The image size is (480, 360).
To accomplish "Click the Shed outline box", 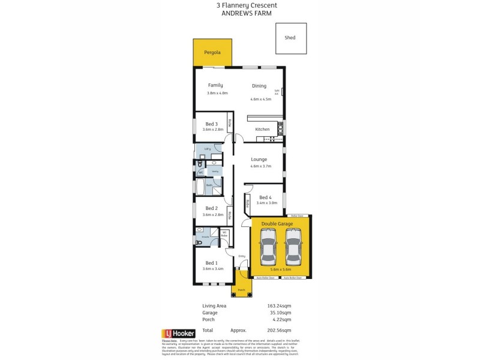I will coord(290,39).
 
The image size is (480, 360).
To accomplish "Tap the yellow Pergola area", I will coord(212,53).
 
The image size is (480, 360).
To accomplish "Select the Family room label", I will coord(215,85).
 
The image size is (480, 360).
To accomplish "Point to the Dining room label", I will coord(259,86).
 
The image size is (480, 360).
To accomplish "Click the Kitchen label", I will coord(262,130).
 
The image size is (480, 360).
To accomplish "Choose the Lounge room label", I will coord(259,160).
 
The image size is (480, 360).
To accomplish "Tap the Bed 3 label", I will coord(211,124).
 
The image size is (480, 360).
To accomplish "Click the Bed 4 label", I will coord(266,197).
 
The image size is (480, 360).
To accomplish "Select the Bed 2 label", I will coord(211,209).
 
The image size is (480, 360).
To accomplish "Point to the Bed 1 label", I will coord(211,263).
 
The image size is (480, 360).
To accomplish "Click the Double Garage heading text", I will coord(277,224).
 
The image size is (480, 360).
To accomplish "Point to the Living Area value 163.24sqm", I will coord(279,306).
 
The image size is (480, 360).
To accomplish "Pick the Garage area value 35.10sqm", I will coord(279,313).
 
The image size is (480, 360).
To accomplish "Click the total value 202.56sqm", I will coord(279,331).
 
